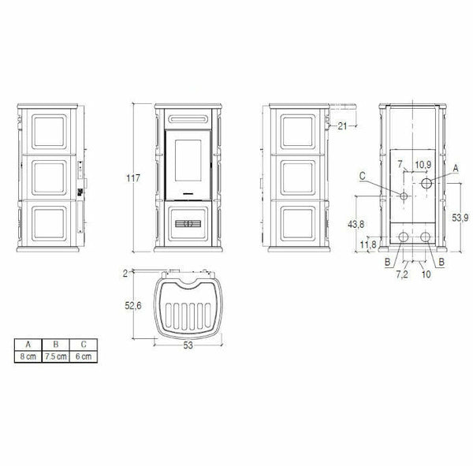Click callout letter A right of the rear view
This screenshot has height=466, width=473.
456,168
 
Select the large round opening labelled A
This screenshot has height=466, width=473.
426,184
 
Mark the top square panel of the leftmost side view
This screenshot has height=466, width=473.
47,129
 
